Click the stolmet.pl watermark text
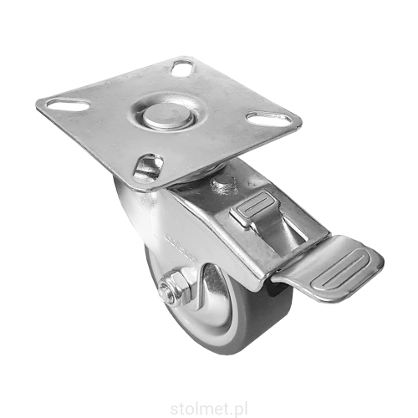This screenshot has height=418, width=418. click(x=208, y=410)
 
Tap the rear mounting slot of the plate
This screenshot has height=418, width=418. click(x=182, y=67)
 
